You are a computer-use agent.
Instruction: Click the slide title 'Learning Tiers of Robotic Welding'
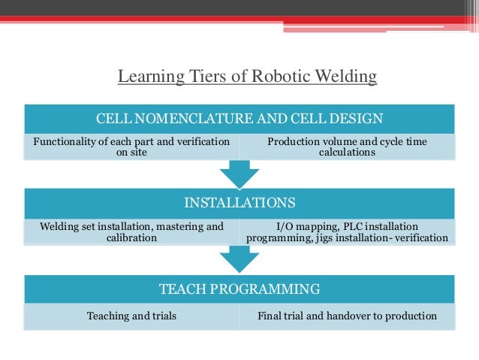[x=247, y=77]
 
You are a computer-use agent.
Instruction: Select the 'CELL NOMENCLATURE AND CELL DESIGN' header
[x=239, y=118]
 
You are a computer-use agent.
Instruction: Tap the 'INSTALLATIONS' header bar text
[x=239, y=202]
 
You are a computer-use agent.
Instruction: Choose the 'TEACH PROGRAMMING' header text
[x=239, y=289]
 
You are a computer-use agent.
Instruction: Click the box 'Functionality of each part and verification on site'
[x=131, y=146]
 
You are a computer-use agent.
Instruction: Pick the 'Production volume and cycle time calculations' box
[x=346, y=146]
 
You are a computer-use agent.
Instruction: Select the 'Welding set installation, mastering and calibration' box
[x=131, y=231]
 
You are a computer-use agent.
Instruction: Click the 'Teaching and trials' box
[x=131, y=316]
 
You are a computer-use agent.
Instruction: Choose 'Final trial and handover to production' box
[x=346, y=316]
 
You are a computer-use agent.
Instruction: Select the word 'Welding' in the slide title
[x=346, y=77]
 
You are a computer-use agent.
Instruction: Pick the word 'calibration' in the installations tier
[x=131, y=238]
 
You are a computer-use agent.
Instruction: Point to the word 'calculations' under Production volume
[x=346, y=153]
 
